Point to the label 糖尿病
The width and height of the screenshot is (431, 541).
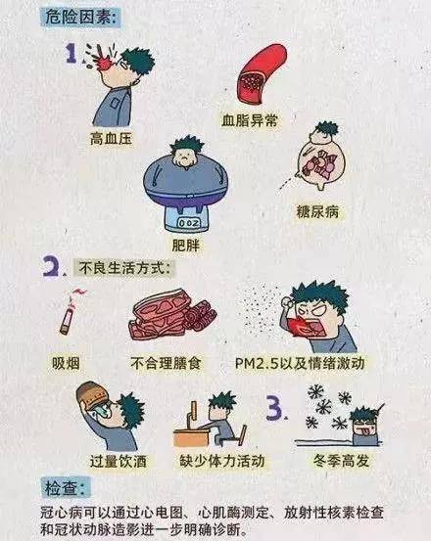(318, 208)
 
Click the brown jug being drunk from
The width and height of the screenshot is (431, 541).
(94, 400)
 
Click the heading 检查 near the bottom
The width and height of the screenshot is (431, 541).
(69, 487)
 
